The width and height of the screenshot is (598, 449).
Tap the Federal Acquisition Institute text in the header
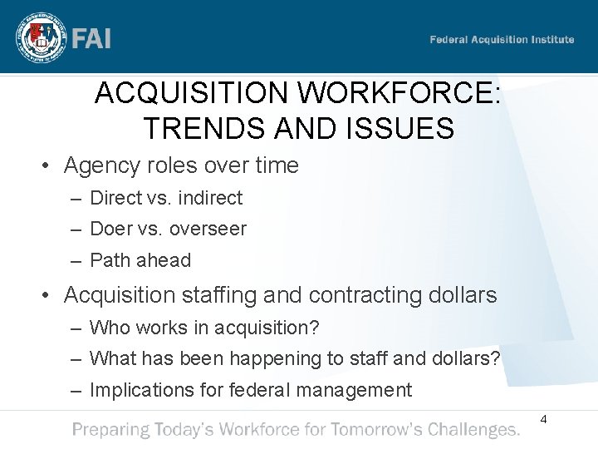pos(502,40)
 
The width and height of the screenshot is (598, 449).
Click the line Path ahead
pos(140,260)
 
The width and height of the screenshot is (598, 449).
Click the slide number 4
pos(543,420)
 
